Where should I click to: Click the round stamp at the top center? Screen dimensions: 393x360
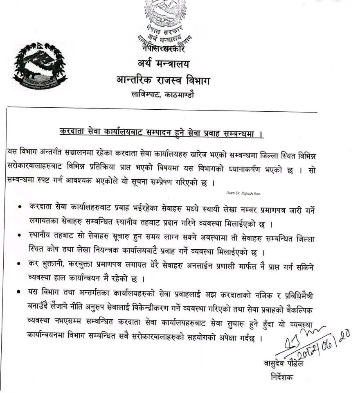164,23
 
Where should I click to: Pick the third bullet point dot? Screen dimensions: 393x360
20,265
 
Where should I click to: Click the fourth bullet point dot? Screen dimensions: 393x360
20,293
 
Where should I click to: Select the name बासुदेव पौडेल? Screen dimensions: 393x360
283,364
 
